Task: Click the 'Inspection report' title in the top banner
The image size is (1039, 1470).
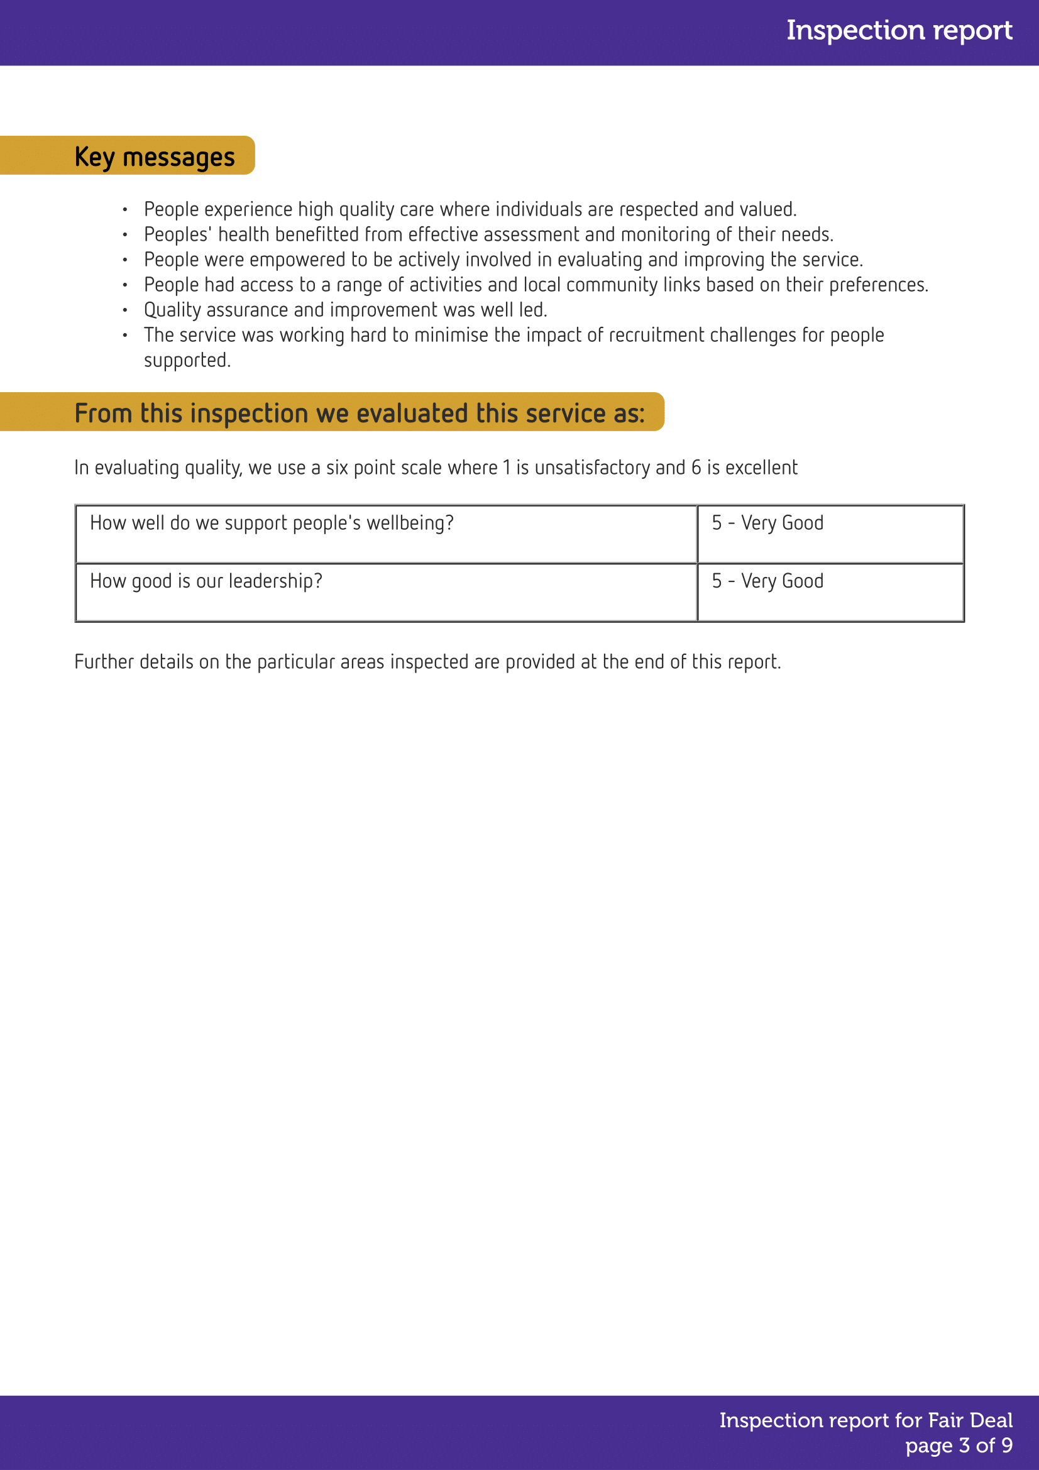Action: point(899,31)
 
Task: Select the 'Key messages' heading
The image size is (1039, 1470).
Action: point(154,157)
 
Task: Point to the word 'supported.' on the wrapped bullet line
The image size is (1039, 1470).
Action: point(187,361)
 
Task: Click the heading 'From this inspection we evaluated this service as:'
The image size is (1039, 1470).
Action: point(359,414)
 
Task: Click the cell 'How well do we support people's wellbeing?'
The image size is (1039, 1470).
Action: point(272,524)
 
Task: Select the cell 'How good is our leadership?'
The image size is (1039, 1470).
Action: point(206,581)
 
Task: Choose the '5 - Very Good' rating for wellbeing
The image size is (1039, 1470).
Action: point(767,524)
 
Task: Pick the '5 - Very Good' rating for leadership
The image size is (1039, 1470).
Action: point(767,581)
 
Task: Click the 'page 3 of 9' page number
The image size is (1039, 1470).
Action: point(959,1445)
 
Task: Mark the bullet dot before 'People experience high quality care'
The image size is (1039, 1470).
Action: point(125,210)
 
